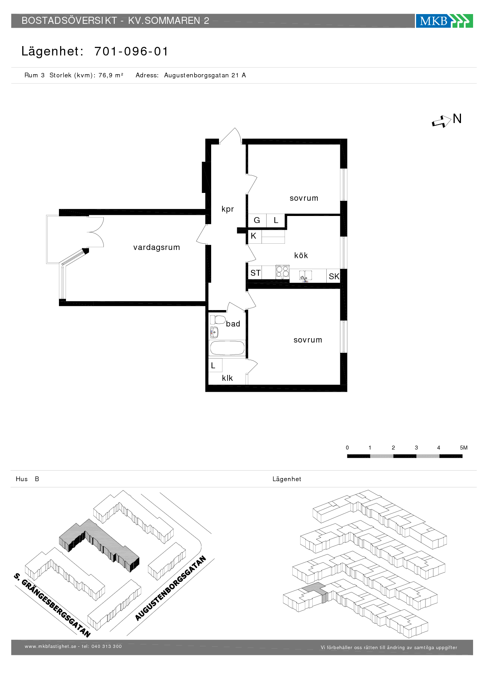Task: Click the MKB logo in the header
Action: (x=444, y=21)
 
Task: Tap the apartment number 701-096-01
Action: (x=132, y=52)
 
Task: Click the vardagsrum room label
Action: (x=157, y=247)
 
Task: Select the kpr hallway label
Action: (x=228, y=209)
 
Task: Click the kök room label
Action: (x=301, y=255)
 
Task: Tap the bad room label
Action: (x=233, y=324)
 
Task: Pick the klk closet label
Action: (x=227, y=378)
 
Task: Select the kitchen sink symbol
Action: (x=306, y=276)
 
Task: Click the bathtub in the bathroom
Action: (x=227, y=348)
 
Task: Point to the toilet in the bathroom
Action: (x=217, y=320)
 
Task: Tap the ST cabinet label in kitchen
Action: (x=256, y=273)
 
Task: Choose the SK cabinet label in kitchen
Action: (x=334, y=276)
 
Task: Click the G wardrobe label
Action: (x=257, y=220)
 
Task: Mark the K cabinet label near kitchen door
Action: (x=253, y=236)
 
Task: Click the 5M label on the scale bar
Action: (x=464, y=448)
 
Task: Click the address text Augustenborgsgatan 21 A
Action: (x=205, y=75)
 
